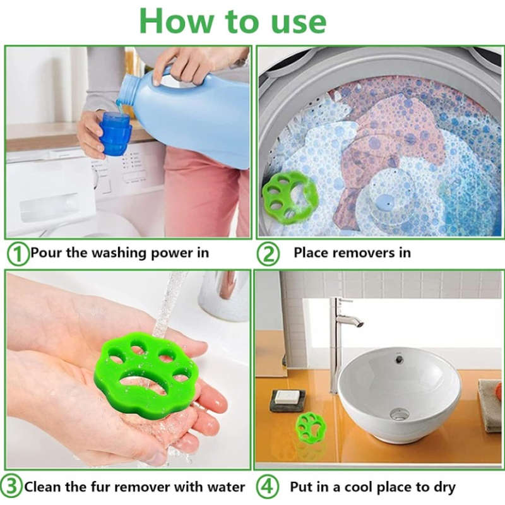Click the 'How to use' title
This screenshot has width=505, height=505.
(233, 21)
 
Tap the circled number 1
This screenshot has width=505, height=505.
(18, 254)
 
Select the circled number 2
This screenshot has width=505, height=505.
(268, 254)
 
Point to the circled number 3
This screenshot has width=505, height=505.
(12, 487)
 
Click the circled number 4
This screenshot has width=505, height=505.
(268, 487)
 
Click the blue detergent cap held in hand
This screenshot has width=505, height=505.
(116, 133)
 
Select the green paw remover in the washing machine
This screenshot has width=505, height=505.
(290, 196)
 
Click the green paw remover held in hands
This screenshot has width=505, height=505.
(146, 376)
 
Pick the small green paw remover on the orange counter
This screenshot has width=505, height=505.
(311, 427)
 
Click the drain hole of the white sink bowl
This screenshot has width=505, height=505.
(399, 414)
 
